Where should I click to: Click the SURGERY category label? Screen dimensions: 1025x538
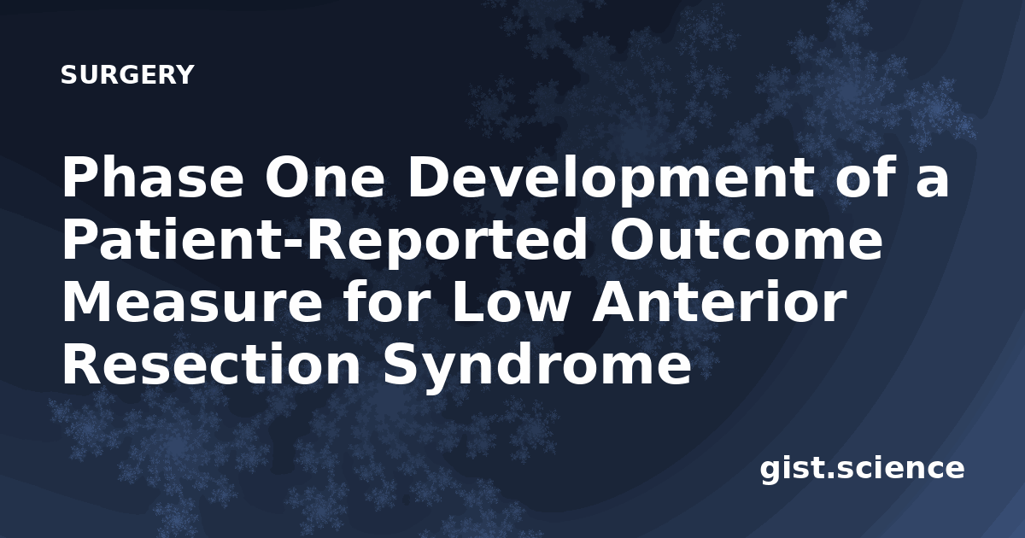127,75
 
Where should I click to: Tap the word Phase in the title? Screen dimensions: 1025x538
153,177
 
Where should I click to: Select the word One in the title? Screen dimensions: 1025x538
323,177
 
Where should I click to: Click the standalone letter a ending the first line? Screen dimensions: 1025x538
932,182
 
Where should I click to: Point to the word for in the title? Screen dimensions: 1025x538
387,301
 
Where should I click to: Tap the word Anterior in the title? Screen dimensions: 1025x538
717,301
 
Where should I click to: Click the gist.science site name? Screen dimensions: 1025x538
862,470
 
